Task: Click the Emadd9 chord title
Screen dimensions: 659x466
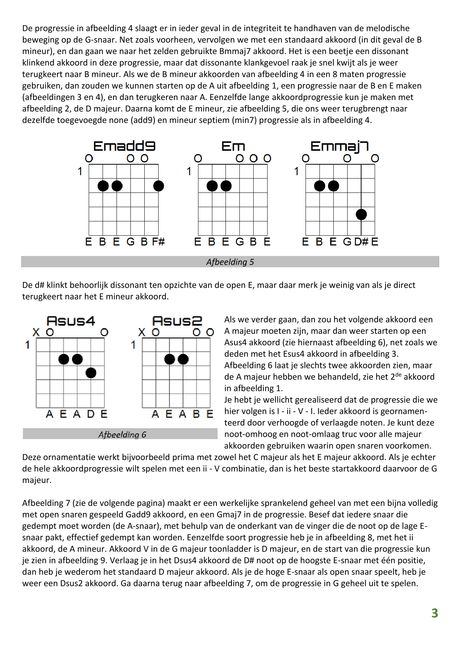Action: pyautogui.click(x=124, y=146)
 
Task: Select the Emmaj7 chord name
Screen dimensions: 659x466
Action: pyautogui.click(x=339, y=146)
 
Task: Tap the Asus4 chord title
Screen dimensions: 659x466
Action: pyautogui.click(x=71, y=321)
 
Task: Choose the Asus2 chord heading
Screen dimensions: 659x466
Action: pyautogui.click(x=177, y=321)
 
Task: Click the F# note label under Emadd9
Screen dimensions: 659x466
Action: pyautogui.click(x=158, y=242)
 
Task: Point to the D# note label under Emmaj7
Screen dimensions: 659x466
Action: pyautogui.click(x=362, y=242)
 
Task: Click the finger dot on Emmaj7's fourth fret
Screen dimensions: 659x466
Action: pyautogui.click(x=361, y=214)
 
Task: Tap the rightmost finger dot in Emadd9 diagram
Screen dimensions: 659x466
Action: pyautogui.click(x=159, y=186)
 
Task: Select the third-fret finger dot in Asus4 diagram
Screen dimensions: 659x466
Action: pyautogui.click(x=91, y=373)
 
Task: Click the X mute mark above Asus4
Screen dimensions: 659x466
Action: pyautogui.click(x=36, y=332)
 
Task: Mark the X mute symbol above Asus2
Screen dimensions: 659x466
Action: pyautogui.click(x=142, y=332)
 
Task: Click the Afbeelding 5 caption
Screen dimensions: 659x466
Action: pyautogui.click(x=230, y=262)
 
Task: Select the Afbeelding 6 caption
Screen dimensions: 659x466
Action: pyautogui.click(x=122, y=435)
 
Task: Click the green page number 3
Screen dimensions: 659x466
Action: pyautogui.click(x=434, y=613)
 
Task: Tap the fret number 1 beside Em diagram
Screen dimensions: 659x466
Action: pyautogui.click(x=189, y=171)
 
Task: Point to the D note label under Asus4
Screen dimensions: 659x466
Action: pyautogui.click(x=91, y=414)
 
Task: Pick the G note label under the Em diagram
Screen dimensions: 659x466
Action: pyautogui.click(x=239, y=242)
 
